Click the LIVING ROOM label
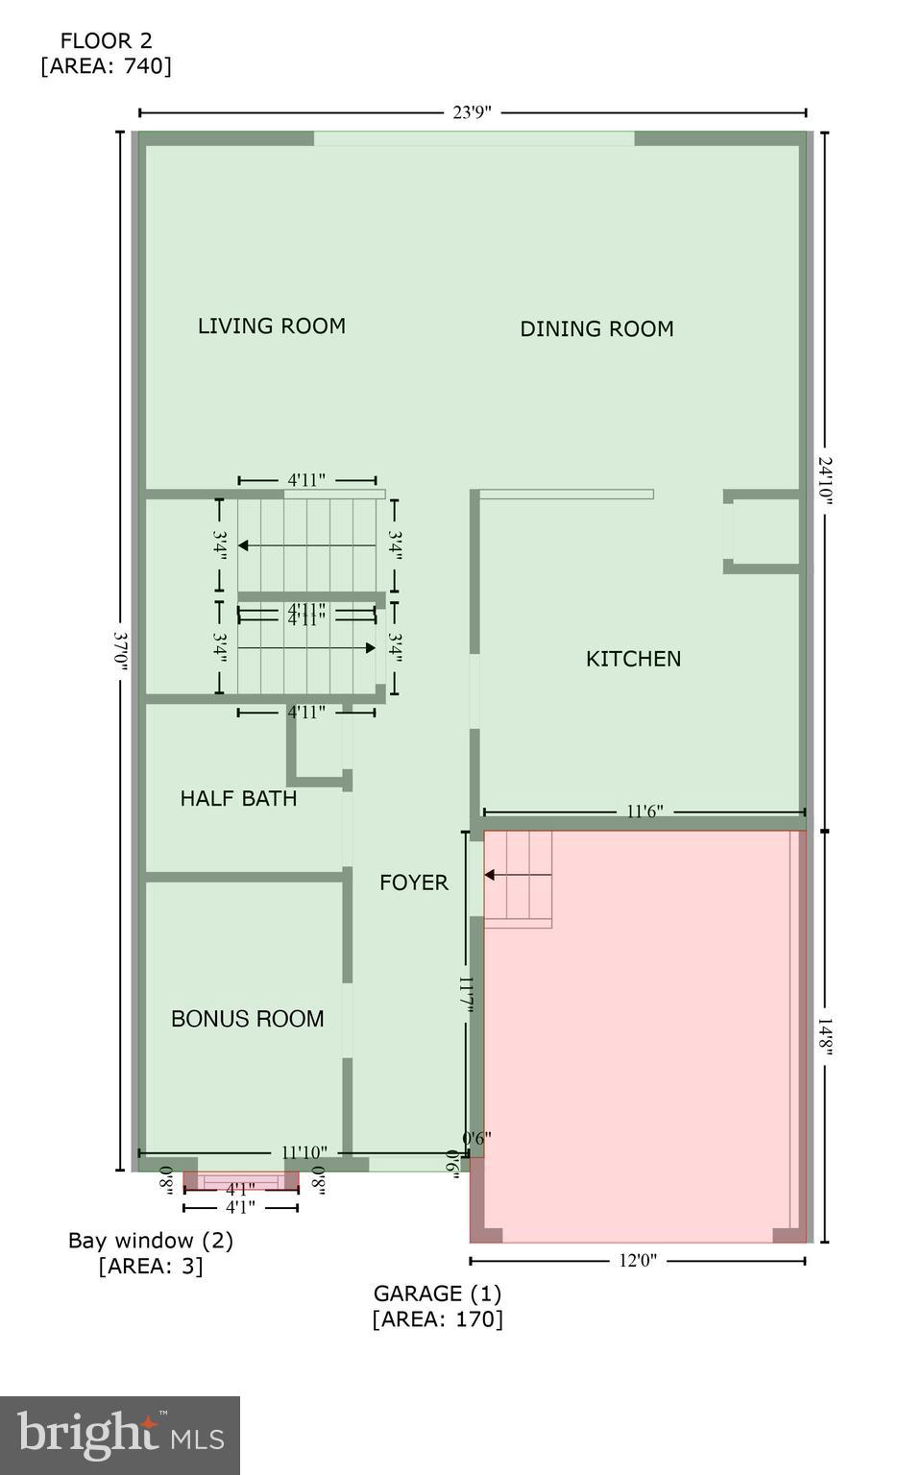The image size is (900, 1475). tap(272, 326)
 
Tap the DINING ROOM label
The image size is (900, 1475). tap(596, 328)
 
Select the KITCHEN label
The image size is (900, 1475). tap(633, 659)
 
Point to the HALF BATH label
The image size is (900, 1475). tap(238, 798)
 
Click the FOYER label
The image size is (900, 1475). tap(413, 883)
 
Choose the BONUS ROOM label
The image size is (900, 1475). tap(247, 1019)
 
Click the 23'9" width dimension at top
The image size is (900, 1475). tap(472, 112)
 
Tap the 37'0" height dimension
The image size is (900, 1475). tap(121, 652)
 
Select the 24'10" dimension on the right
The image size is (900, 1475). tap(824, 485)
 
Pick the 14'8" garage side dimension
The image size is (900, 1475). tap(824, 1037)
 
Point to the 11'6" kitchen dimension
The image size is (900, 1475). tap(645, 812)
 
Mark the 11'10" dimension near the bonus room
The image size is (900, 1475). tap(304, 1152)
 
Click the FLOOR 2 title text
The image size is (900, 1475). tap(106, 40)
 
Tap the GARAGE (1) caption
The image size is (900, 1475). tap(437, 1294)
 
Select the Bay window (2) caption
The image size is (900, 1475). tap(150, 1240)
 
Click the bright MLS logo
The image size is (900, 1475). tap(120, 1435)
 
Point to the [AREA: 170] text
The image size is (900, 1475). tap(437, 1318)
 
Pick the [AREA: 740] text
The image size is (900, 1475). tap(106, 65)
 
